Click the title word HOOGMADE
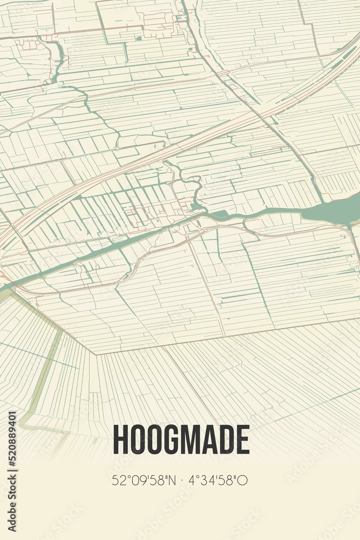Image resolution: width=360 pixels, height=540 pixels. pyautogui.click(x=181, y=440)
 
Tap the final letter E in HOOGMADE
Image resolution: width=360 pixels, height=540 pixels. pyautogui.click(x=243, y=440)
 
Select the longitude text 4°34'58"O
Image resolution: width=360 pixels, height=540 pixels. pyautogui.click(x=219, y=480)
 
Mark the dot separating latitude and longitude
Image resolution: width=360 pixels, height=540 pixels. pyautogui.click(x=183, y=480)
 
